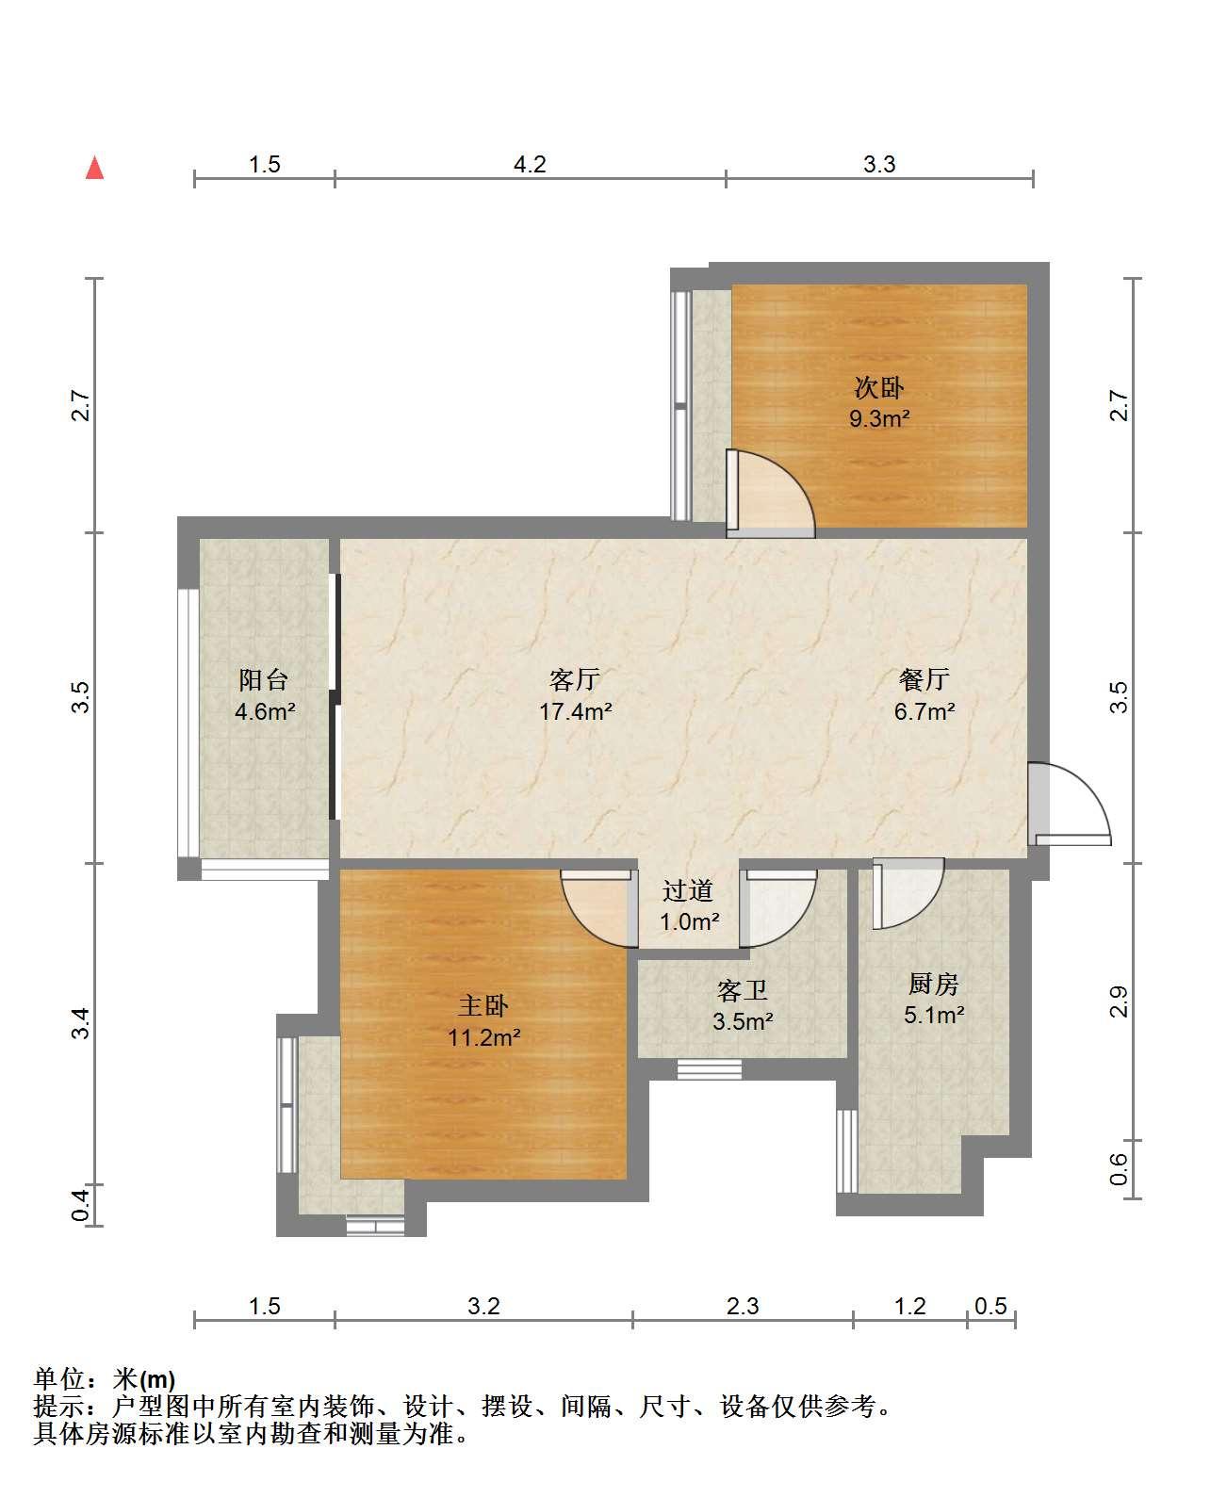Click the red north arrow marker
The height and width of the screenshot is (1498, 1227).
[94, 169]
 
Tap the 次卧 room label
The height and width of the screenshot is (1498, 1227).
[878, 388]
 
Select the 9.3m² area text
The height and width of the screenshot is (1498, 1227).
[879, 418]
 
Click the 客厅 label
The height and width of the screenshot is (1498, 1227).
[574, 679]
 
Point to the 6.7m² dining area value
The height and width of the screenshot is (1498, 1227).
[924, 711]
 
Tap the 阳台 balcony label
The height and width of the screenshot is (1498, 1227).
[264, 679]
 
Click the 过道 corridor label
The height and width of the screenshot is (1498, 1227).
[687, 890]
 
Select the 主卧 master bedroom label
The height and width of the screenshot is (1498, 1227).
[483, 1006]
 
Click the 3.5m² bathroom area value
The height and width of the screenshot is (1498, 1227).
[743, 1021]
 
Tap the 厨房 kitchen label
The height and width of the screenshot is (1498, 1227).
[933, 984]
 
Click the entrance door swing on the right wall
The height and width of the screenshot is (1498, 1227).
[1070, 804]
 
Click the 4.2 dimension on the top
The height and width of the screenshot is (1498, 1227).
[530, 164]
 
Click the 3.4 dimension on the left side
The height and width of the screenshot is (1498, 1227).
[80, 1023]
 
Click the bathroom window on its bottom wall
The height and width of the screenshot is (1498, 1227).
[709, 1069]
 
